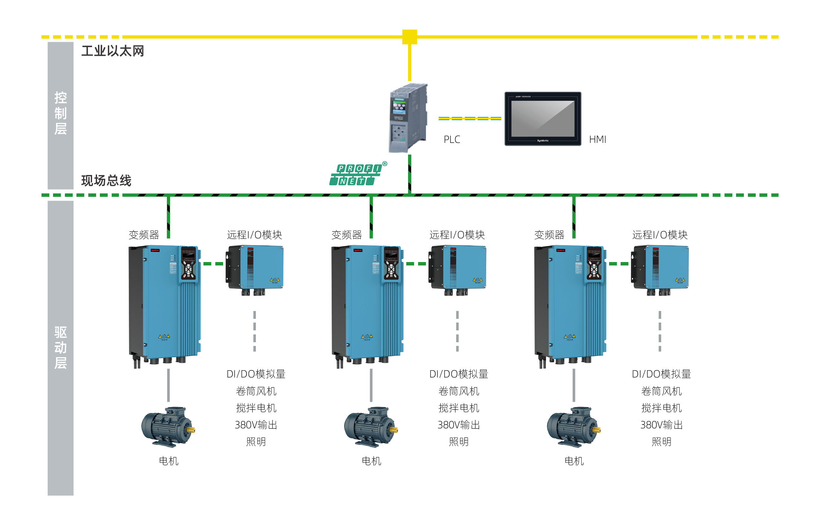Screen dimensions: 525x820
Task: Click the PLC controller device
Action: coord(408,118)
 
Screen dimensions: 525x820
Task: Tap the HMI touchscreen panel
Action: coord(543,119)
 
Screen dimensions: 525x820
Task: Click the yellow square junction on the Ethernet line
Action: coord(409,37)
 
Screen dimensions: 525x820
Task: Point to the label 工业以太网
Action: coord(113,51)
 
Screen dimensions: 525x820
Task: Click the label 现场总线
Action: coord(106,180)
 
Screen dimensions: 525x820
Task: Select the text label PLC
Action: coord(452,139)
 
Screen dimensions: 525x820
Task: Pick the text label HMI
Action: coord(597,139)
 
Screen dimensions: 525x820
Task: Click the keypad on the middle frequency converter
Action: coord(391,264)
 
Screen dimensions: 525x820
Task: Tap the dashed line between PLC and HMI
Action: coord(470,118)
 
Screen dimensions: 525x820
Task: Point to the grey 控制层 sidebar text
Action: coord(60,113)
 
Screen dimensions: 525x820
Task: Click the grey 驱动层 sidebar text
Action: coord(60,348)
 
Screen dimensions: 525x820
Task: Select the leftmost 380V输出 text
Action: coord(256,425)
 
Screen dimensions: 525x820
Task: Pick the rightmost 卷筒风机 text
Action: coord(661,391)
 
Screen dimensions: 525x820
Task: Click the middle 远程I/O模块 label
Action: coord(457,235)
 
